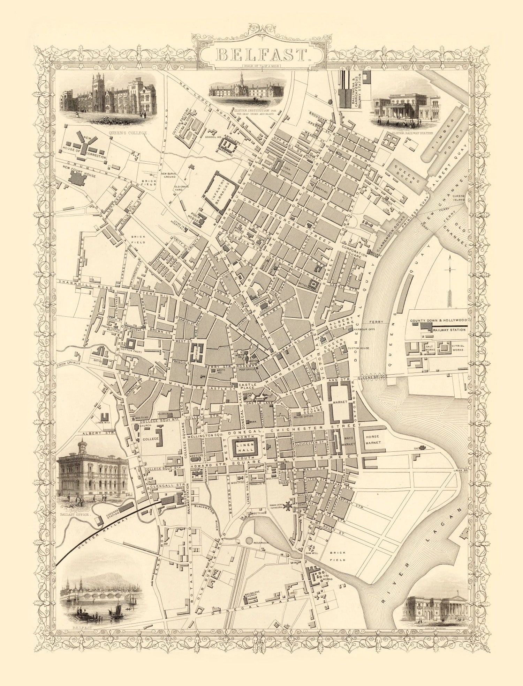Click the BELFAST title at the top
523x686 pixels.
point(262,54)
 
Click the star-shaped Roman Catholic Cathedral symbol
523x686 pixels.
point(289,505)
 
